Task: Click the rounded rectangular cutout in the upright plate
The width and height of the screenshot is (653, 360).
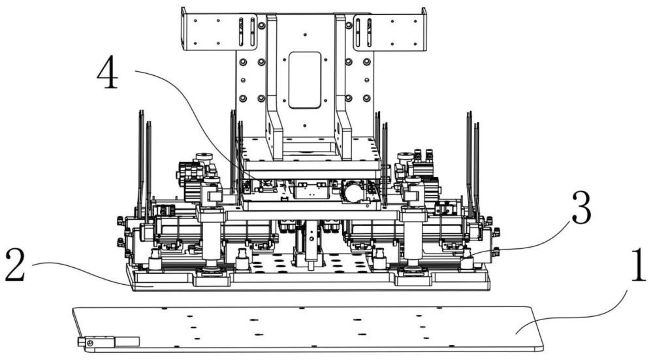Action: click(305, 80)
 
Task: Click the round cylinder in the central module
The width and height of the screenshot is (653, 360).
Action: click(353, 192)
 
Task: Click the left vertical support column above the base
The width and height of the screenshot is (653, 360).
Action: click(211, 238)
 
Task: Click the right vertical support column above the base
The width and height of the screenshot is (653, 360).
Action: click(413, 238)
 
